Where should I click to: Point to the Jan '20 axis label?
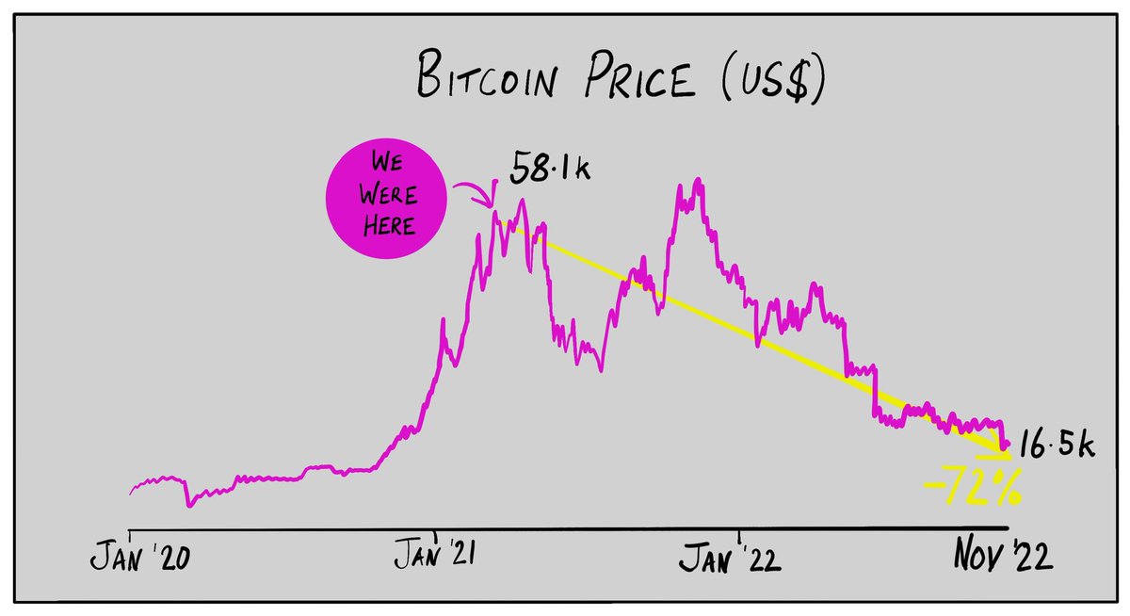142,558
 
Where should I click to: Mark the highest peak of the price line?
697,179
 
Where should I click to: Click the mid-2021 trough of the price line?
599,370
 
